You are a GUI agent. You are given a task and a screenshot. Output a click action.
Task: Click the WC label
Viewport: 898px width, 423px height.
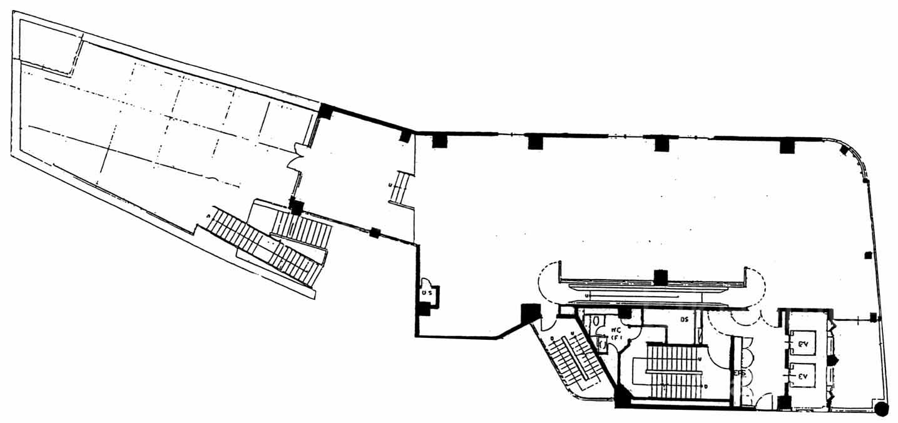point(616,330)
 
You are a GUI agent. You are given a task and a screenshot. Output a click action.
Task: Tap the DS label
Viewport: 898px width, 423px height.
point(684,320)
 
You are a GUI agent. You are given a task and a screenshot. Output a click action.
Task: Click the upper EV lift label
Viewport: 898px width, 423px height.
point(804,344)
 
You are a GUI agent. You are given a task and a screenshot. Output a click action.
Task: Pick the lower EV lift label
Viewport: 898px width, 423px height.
point(804,377)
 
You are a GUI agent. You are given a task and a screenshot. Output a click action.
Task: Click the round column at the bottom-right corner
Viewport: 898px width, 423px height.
point(882,410)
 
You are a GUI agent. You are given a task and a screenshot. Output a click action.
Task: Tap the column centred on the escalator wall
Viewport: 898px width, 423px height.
point(660,277)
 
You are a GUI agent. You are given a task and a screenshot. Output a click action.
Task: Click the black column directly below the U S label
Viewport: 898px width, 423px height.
point(424,308)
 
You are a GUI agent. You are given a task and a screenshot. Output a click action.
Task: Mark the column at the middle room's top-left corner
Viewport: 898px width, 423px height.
point(325,111)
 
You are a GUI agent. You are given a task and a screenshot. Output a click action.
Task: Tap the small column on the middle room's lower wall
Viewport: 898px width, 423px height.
point(374,233)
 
